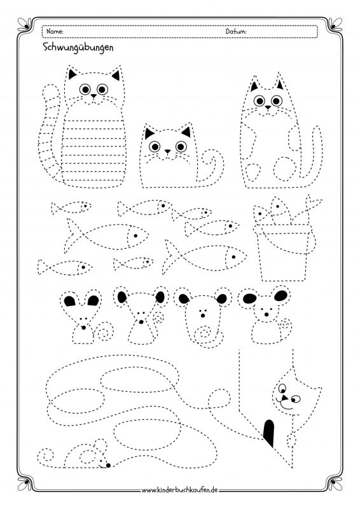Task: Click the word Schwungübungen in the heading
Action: pyautogui.click(x=78, y=48)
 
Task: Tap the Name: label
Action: pyautogui.click(x=55, y=31)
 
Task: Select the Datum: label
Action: pyautogui.click(x=236, y=31)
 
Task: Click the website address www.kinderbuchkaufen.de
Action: pyautogui.click(x=179, y=490)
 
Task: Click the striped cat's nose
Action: pyautogui.click(x=93, y=96)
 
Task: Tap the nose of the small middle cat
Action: pyautogui.click(x=167, y=151)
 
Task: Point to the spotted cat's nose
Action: pyautogui.click(x=268, y=107)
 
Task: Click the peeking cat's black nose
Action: pyautogui.click(x=285, y=397)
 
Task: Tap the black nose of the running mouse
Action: pyautogui.click(x=108, y=465)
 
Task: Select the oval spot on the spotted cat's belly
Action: pyautogui.click(x=285, y=169)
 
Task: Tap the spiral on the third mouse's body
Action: pyautogui.click(x=204, y=334)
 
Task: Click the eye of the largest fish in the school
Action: pyautogui.click(x=233, y=257)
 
